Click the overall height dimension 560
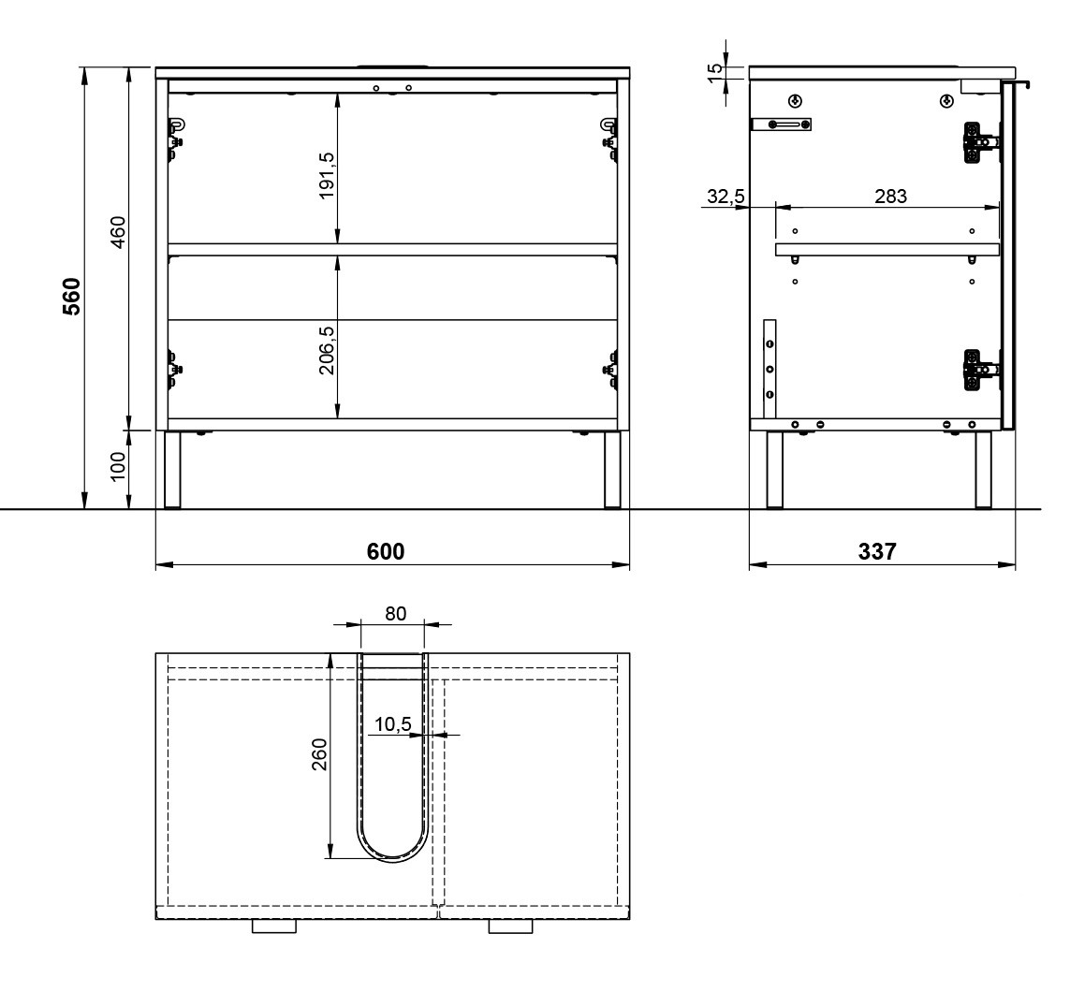pyautogui.click(x=72, y=296)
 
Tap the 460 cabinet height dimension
pyautogui.click(x=118, y=232)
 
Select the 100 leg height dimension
pyautogui.click(x=118, y=466)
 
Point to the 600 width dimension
pyautogui.click(x=386, y=551)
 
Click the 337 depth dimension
pyautogui.click(x=877, y=551)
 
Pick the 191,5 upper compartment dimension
pyautogui.click(x=327, y=175)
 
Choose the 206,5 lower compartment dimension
pyautogui.click(x=327, y=350)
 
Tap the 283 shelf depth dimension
pyautogui.click(x=890, y=197)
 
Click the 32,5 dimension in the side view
pyautogui.click(x=726, y=197)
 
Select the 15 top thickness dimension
pyautogui.click(x=714, y=73)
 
